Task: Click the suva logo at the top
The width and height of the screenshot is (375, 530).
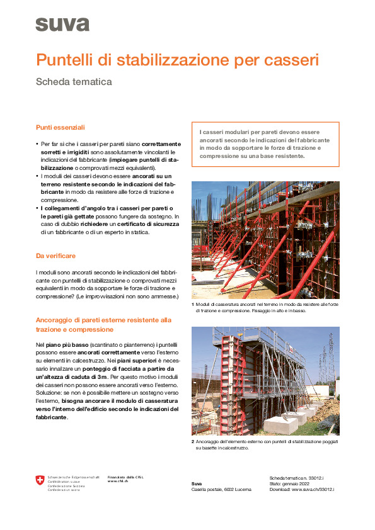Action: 62,25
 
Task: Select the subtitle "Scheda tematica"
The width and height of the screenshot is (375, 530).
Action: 74,82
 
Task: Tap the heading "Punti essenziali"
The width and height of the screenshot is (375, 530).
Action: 61,127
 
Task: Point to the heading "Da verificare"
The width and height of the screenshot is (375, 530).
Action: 56,256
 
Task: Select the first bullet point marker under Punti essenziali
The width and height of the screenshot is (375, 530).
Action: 37,144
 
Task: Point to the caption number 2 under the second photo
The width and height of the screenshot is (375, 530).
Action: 193,442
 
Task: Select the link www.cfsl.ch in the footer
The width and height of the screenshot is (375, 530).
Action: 118,482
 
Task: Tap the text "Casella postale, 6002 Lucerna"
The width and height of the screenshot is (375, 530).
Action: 221,489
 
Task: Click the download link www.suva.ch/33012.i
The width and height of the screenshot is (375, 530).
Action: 313,489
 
